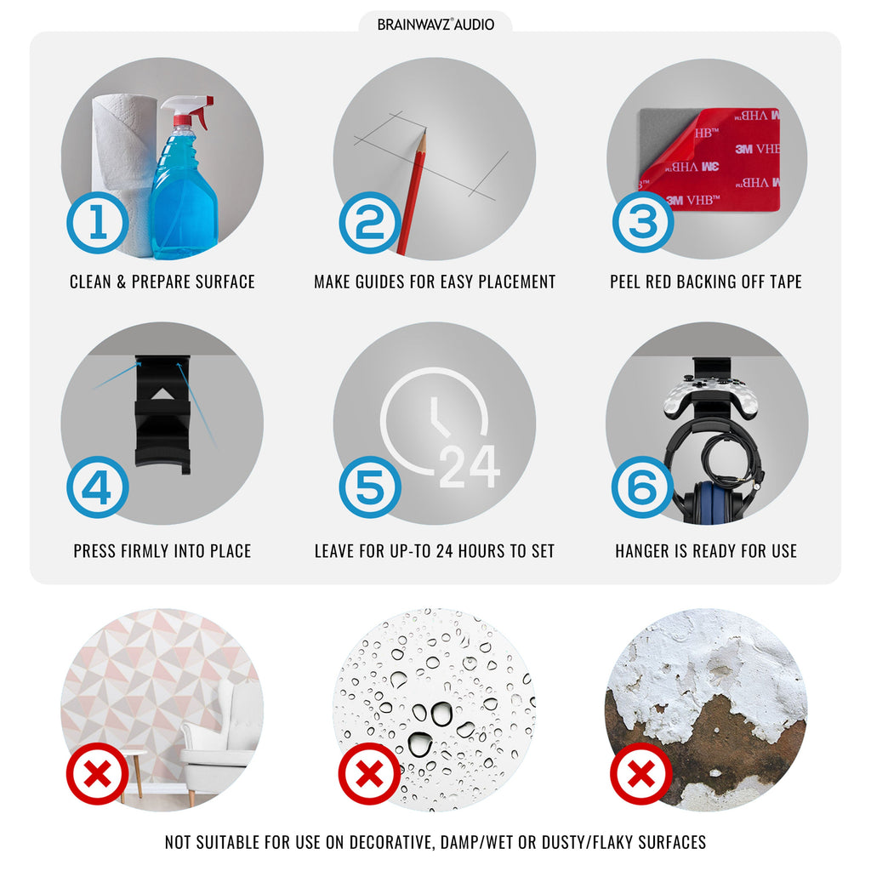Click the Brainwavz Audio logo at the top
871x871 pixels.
[x=435, y=25]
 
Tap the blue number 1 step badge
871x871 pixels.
[x=98, y=223]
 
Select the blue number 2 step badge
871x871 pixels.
[x=370, y=223]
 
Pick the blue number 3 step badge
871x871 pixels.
[x=643, y=222]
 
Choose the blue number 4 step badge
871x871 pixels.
[x=98, y=487]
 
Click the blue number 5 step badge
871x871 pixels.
[x=370, y=487]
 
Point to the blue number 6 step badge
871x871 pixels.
[x=643, y=487]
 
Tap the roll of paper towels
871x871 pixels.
[x=122, y=172]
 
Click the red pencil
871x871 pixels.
[x=412, y=191]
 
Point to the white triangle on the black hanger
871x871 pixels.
[x=162, y=394]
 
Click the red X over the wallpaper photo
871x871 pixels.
[x=98, y=774]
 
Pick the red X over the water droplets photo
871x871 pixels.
[x=370, y=774]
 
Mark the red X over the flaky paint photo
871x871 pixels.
[x=641, y=774]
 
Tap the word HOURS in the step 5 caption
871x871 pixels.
[x=479, y=551]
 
